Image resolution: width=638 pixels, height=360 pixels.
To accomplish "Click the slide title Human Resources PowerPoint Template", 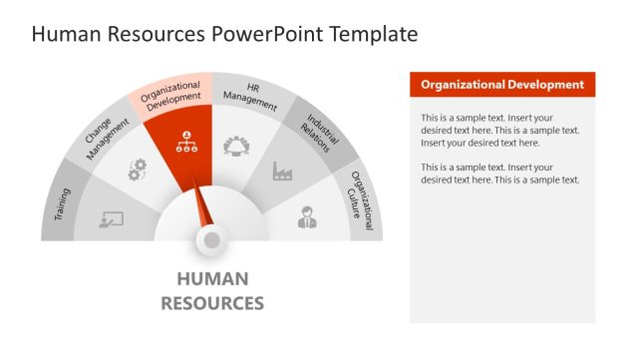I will pos(224,34).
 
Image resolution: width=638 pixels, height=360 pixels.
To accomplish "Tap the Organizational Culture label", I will pos(361,203).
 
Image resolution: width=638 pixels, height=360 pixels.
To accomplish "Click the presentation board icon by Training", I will pos(111,218).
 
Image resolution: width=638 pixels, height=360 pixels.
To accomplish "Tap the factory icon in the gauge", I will pos(283,172).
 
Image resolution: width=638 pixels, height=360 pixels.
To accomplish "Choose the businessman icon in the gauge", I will pos(307,216).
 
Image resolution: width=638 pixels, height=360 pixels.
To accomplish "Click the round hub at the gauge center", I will pos(211,239).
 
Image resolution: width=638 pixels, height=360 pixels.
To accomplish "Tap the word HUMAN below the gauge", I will pos(212,279).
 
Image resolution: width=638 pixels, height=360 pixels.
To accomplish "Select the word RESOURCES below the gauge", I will pos(212,302).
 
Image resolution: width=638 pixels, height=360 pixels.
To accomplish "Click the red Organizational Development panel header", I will pos(502,85).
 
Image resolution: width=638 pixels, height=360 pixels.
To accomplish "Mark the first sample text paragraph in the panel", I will pos(500,130).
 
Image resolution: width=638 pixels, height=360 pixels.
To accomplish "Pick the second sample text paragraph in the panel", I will pos(500,173).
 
